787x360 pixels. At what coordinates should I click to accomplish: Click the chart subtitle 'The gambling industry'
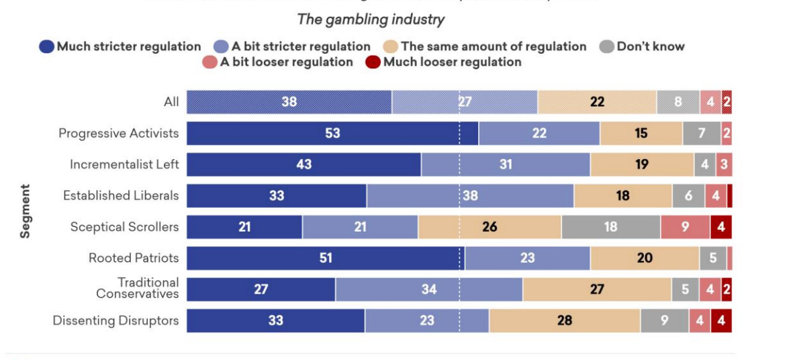[371, 19]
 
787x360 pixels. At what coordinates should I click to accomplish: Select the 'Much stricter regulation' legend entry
[121, 46]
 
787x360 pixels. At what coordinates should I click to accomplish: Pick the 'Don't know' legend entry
[642, 46]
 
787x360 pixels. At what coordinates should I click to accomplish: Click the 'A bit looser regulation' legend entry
[277, 62]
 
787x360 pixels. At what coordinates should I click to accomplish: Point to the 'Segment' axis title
[25, 211]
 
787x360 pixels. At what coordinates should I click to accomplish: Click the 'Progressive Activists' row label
[119, 133]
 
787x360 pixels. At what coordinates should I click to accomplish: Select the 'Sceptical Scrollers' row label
[125, 226]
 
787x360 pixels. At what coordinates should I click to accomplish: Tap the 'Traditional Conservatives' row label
[138, 288]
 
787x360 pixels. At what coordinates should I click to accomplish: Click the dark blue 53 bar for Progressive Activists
[332, 133]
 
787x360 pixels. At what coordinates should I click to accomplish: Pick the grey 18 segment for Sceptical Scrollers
[610, 227]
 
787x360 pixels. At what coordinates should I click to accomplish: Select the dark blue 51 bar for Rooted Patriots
[326, 258]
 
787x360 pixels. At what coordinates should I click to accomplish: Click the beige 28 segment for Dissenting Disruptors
[564, 320]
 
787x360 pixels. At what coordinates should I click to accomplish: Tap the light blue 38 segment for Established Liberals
[470, 195]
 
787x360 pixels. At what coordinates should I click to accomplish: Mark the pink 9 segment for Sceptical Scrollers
[685, 227]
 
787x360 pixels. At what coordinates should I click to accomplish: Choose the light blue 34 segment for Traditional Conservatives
[429, 289]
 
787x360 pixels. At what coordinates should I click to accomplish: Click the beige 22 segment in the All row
[597, 102]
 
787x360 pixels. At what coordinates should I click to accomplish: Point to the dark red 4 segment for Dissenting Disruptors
[721, 320]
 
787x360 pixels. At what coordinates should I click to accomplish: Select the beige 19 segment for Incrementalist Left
[641, 164]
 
